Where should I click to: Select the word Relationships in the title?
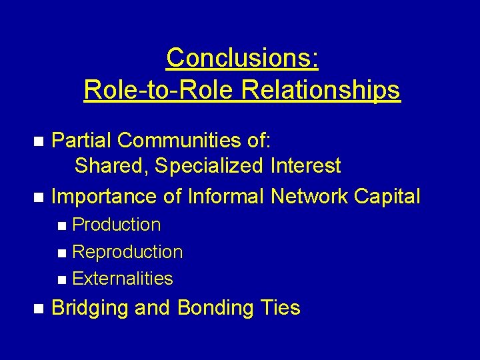point(321,89)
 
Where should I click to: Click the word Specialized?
point(209,165)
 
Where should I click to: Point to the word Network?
point(312,196)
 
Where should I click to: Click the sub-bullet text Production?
point(116,225)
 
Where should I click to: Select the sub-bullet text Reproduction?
point(127,252)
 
